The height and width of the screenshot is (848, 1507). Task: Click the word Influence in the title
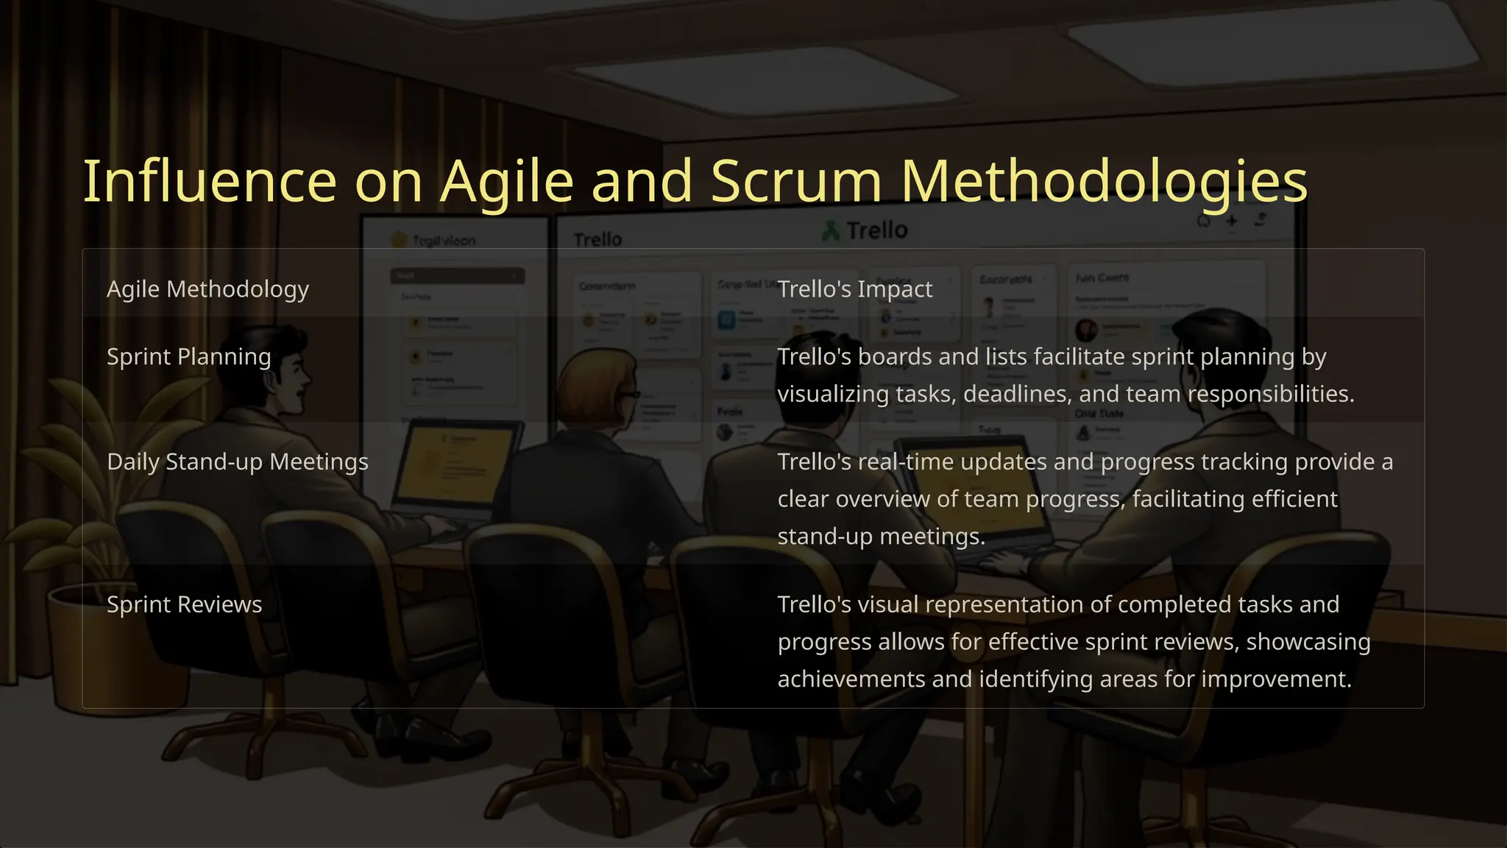point(209,182)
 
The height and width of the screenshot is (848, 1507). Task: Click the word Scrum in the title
point(795,182)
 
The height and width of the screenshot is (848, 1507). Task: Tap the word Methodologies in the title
point(1104,182)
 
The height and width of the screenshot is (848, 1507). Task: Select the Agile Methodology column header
point(208,289)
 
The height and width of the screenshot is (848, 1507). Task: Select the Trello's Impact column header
point(854,289)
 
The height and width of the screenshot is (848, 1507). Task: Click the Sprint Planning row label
point(188,357)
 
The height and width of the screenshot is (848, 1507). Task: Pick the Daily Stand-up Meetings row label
point(237,462)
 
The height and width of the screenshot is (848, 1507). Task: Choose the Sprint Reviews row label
point(184,605)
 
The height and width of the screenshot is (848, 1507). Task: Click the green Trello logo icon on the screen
point(831,231)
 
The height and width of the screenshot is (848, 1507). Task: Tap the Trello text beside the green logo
point(876,230)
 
